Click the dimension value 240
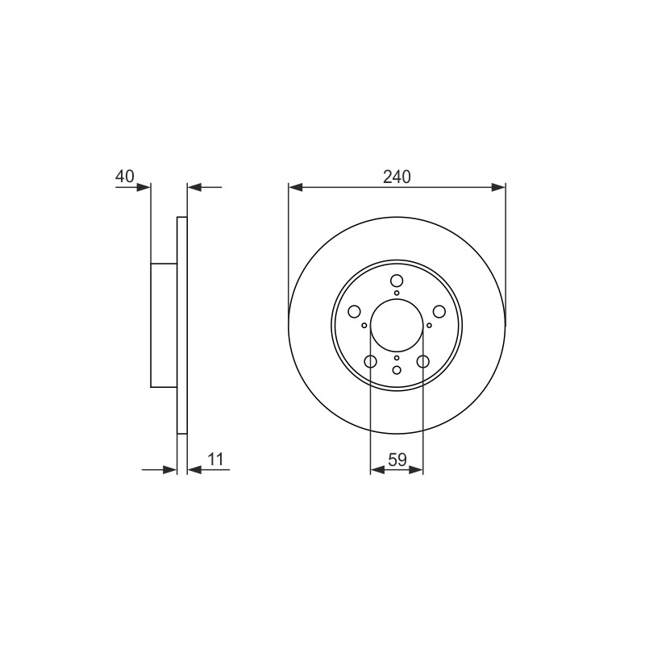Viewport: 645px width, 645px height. [397, 177]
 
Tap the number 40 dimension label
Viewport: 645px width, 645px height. [125, 177]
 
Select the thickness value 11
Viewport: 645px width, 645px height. [215, 459]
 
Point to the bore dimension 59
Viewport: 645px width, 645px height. [397, 460]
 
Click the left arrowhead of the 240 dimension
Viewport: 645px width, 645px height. [296, 188]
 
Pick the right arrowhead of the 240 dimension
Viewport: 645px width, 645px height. [498, 188]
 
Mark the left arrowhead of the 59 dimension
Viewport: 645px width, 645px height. [377, 470]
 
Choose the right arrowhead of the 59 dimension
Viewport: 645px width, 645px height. [416, 470]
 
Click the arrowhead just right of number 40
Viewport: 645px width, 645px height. [144, 188]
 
